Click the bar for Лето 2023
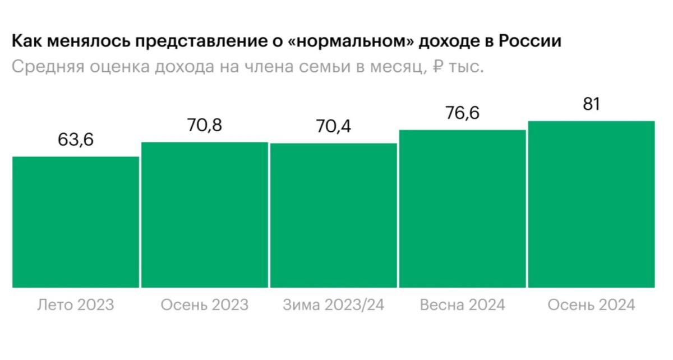[x=76, y=222]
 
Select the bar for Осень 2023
[x=205, y=215]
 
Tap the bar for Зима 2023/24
[x=334, y=215]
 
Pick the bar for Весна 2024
[x=463, y=209]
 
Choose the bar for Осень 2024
[x=592, y=204]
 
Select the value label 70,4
[x=333, y=127]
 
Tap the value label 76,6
[x=462, y=113]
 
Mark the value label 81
[x=591, y=104]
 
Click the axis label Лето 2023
[x=76, y=305]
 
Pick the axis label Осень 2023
[x=204, y=305]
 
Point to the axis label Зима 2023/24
[x=333, y=305]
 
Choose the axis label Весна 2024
[x=462, y=305]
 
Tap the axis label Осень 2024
[x=591, y=305]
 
